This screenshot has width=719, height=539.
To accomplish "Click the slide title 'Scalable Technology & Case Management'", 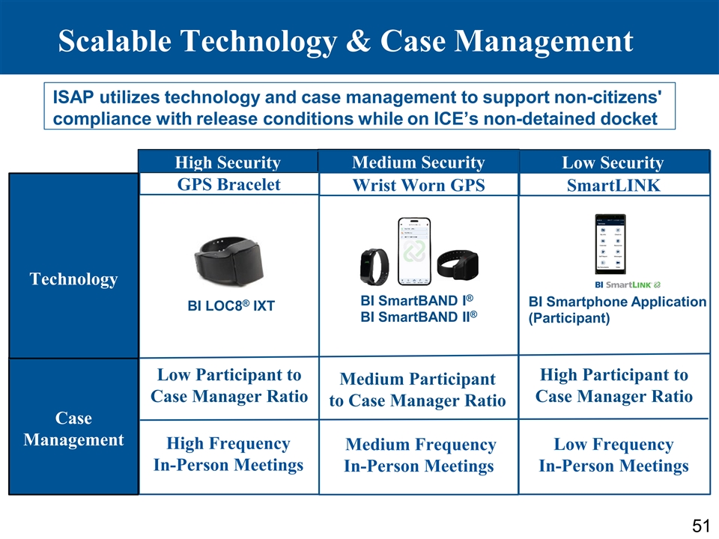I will (345, 41).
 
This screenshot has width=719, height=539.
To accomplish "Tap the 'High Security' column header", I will (228, 162).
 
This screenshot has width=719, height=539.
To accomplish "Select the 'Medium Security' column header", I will (418, 162).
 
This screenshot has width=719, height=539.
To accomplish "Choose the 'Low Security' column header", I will (613, 163).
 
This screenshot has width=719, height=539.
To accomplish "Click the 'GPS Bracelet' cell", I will (228, 184).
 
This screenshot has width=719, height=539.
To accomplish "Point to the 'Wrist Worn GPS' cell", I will (418, 186).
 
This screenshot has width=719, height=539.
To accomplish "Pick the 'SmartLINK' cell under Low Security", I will (613, 186).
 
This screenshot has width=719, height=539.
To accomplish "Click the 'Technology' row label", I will (73, 279).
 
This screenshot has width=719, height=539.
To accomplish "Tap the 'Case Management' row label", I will (73, 428).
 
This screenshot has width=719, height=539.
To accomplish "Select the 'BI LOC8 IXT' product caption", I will (231, 306).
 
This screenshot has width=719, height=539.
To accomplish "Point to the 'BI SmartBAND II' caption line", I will (418, 317).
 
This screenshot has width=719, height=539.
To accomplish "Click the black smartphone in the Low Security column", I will (609, 245).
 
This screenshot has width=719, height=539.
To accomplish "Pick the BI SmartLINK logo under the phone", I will (626, 285).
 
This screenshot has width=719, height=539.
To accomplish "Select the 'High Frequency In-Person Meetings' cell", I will (228, 454).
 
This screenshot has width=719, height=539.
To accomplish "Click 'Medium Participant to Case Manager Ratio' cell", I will (418, 390).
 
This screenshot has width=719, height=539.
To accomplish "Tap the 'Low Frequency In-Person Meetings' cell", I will (613, 455).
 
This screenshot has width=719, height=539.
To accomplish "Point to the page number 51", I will (700, 526).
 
